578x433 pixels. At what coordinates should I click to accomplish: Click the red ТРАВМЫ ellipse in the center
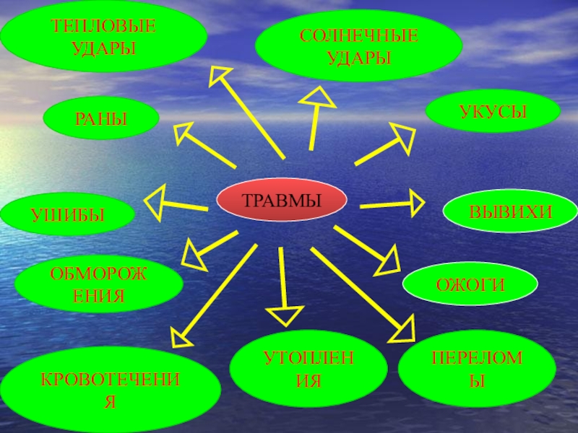[281, 200]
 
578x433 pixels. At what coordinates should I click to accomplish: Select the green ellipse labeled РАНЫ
[101, 118]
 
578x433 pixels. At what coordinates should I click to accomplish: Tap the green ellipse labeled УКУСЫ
[493, 111]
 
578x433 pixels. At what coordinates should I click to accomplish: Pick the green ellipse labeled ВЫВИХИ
[510, 211]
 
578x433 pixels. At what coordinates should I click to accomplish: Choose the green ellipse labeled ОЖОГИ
[470, 284]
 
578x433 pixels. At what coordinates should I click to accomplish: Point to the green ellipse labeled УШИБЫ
[67, 214]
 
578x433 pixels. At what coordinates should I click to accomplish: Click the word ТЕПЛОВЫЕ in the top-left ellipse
[103, 26]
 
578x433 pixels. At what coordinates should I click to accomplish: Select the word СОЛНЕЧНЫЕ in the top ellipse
[358, 35]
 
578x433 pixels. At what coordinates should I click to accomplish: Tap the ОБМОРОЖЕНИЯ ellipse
[99, 284]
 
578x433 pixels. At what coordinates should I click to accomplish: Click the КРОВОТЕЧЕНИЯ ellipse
[110, 390]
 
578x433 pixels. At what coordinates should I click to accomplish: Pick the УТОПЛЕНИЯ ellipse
[309, 369]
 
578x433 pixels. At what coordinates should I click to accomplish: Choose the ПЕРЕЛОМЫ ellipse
[477, 369]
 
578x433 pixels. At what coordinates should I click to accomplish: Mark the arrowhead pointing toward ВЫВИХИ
[417, 203]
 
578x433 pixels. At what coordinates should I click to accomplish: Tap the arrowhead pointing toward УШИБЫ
[155, 203]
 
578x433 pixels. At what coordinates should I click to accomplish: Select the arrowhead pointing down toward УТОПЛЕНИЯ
[285, 315]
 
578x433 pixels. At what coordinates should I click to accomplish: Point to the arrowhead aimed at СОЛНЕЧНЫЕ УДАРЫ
[318, 97]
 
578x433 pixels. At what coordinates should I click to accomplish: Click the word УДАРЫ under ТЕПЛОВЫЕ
[103, 48]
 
